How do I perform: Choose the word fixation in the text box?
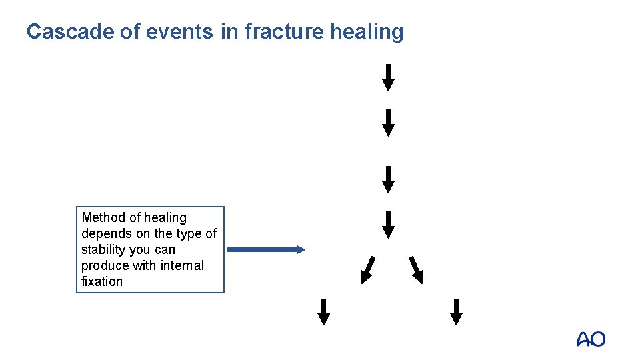click(102, 281)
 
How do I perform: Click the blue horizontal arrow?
click(266, 249)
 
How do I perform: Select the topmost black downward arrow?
click(388, 77)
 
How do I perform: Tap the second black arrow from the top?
click(388, 123)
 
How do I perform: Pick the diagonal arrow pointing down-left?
click(367, 269)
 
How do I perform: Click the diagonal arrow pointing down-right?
click(416, 269)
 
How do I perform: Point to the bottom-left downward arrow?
click(323, 311)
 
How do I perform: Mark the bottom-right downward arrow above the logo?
click(456, 311)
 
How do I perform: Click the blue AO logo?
click(591, 339)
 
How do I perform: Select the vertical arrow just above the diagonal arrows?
click(388, 224)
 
